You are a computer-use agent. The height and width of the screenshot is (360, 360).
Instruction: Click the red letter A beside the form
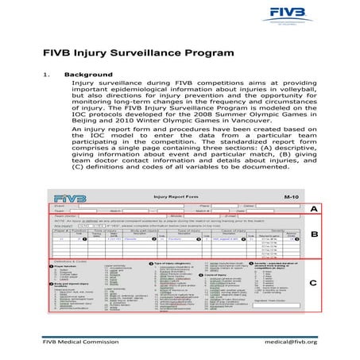[314, 209]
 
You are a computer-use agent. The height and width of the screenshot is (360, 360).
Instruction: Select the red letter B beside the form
[314, 235]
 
